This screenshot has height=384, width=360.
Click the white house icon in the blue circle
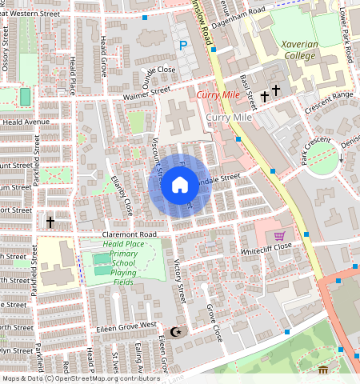click(180, 186)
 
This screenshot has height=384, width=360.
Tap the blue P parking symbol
click(182, 46)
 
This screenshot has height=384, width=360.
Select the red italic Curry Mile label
click(217, 96)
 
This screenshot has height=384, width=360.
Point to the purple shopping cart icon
click(279, 236)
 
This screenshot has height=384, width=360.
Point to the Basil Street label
click(250, 88)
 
